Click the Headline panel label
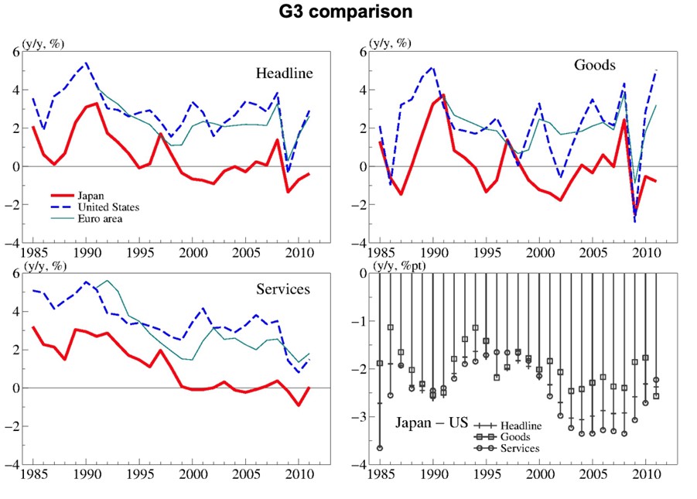285,73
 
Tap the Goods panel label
594,65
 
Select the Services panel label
282,289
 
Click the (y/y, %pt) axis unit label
398,266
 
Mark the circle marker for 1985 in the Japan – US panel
380,448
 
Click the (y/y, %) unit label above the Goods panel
392,44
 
